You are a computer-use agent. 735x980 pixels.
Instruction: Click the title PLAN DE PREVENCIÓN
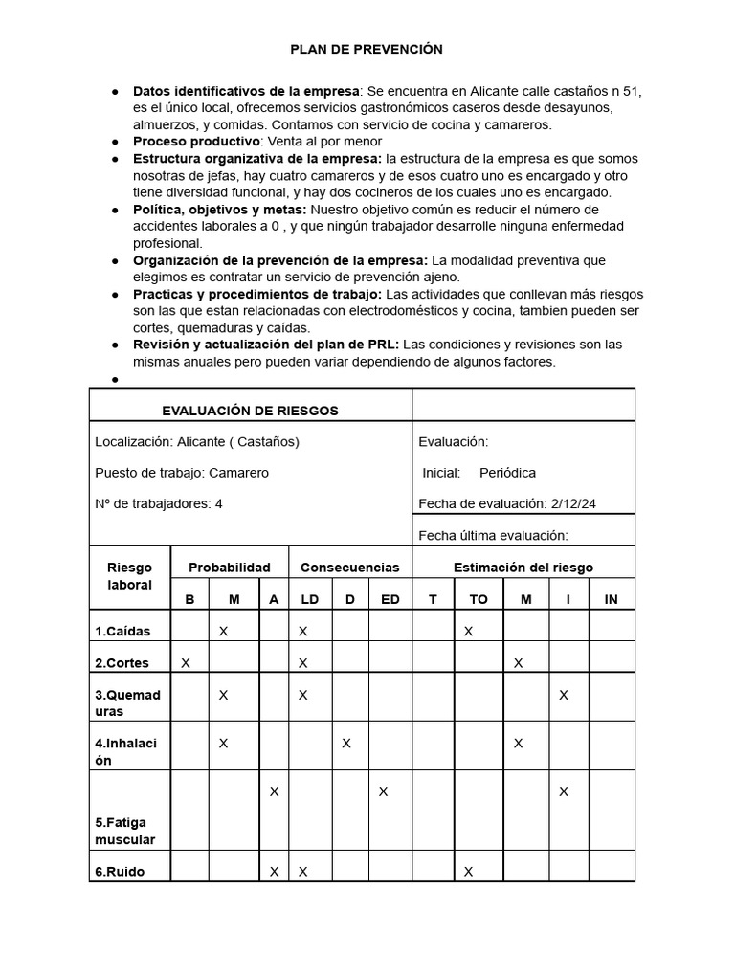(x=367, y=49)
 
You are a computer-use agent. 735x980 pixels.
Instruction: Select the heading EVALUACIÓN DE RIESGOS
(x=250, y=411)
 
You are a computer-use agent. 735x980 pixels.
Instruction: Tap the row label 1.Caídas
(x=122, y=632)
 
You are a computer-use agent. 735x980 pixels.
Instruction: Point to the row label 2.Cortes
(x=122, y=663)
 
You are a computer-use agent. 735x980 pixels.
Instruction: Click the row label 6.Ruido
(x=120, y=872)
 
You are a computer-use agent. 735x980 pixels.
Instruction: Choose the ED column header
(x=390, y=599)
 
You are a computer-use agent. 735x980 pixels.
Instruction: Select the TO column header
(x=479, y=599)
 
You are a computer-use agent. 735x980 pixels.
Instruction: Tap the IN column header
(x=612, y=599)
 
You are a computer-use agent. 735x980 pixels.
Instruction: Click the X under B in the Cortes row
(x=186, y=662)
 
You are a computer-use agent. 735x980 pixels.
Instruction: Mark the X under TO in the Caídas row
(x=469, y=631)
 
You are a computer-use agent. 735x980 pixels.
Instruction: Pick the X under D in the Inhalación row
(x=346, y=743)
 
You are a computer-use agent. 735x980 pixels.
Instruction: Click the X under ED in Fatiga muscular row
(x=383, y=791)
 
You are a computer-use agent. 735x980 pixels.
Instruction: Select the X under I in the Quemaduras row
(x=564, y=694)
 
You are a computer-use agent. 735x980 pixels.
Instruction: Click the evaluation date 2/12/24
(x=574, y=504)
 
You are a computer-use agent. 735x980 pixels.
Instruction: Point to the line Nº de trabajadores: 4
(x=159, y=503)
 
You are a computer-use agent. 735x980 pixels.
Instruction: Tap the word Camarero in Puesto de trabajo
(x=238, y=473)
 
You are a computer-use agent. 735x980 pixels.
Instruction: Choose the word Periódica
(x=507, y=473)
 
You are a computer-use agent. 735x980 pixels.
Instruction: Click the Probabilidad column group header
(x=230, y=568)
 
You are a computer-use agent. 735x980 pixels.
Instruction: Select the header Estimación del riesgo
(x=523, y=568)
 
